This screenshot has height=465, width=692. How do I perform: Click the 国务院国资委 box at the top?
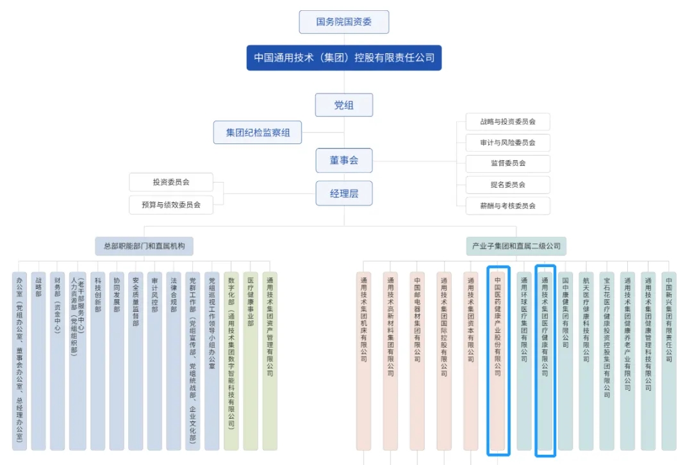click(x=344, y=22)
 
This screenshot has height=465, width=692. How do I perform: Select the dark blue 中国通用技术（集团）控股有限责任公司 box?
click(x=344, y=58)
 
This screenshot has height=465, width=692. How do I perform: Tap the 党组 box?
click(x=344, y=105)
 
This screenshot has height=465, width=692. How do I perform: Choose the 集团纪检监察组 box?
click(x=258, y=133)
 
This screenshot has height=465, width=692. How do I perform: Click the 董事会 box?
click(x=344, y=160)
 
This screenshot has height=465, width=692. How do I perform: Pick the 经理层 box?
click(x=344, y=193)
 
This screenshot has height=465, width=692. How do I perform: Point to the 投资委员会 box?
click(x=171, y=182)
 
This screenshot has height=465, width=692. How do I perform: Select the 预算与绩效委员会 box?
click(x=171, y=205)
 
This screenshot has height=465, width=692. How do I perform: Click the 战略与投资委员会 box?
click(x=507, y=121)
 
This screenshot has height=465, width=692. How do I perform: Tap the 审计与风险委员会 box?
click(x=507, y=142)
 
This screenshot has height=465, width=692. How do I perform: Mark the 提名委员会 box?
click(x=507, y=184)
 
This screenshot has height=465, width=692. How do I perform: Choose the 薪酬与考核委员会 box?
click(x=507, y=206)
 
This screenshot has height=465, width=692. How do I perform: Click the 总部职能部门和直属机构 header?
click(x=144, y=246)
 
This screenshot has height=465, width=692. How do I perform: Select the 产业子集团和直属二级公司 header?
click(x=516, y=246)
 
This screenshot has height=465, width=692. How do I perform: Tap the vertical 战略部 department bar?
click(x=38, y=361)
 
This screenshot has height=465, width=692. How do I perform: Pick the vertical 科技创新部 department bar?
click(x=97, y=361)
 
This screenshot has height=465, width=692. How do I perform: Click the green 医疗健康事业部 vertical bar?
click(x=251, y=361)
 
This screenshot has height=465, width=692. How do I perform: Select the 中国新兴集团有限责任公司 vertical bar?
click(x=668, y=361)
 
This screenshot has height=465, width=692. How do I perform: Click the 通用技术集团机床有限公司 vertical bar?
click(x=364, y=361)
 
